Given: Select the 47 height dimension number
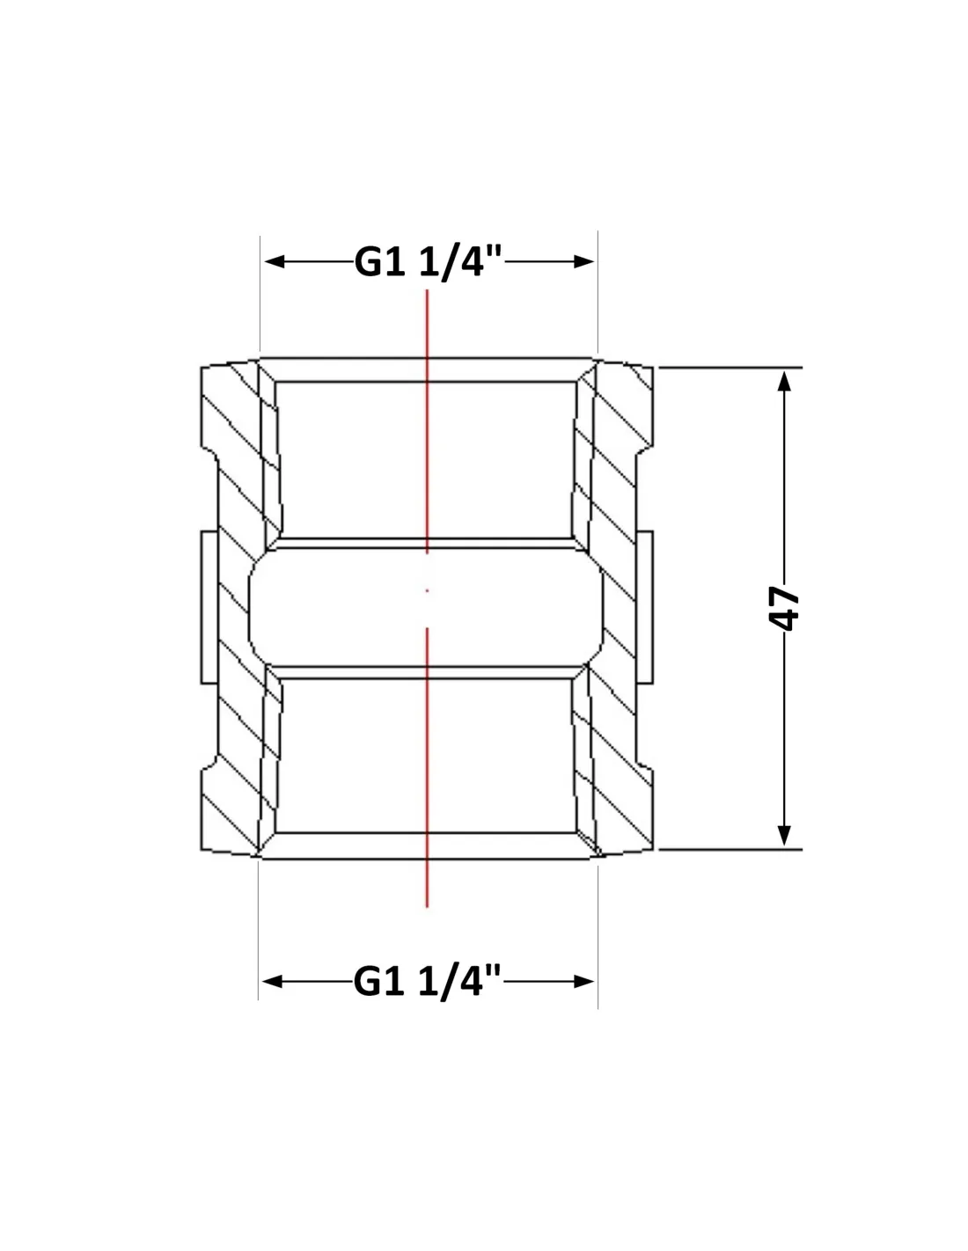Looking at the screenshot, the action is point(784,609).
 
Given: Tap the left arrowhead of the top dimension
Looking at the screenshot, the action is point(274,262).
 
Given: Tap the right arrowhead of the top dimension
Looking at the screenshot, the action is point(584,262).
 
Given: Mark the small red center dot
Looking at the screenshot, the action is point(427,590).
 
